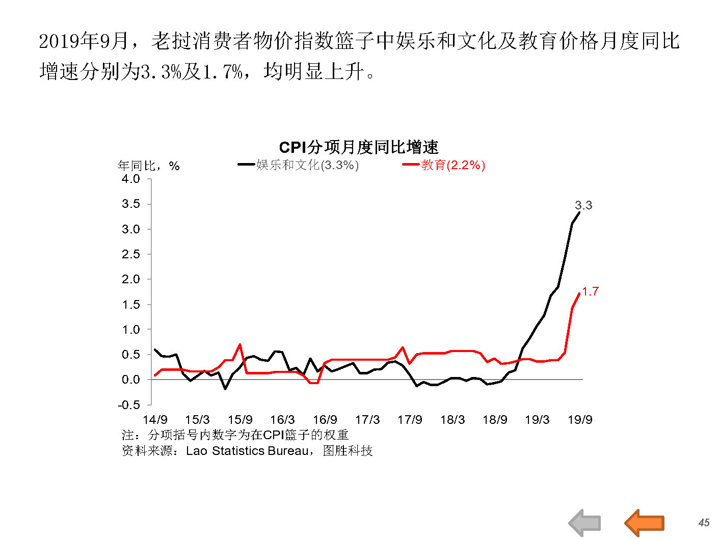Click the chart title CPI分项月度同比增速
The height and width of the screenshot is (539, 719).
tap(358, 147)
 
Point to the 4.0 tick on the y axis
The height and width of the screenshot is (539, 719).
tap(130, 179)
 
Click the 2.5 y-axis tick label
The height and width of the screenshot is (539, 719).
tap(130, 254)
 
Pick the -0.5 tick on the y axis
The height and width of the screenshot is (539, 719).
tap(129, 405)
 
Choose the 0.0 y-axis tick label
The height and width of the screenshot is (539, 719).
tap(130, 380)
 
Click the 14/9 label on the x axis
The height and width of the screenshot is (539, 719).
tap(155, 420)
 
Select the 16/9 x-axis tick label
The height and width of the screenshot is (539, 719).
tap(325, 420)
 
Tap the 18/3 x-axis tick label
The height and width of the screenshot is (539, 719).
tap(452, 420)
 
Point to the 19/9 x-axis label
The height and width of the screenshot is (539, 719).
tap(580, 420)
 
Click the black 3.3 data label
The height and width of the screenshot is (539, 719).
tap(583, 205)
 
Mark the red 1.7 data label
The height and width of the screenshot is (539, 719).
tap(590, 291)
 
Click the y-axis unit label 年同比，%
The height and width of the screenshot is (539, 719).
tap(148, 166)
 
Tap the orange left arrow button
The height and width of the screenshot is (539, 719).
tap(644, 523)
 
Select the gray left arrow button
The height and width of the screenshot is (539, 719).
tap(585, 523)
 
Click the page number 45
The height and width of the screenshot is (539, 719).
tap(704, 523)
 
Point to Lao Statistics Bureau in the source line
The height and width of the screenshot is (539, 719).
tap(247, 451)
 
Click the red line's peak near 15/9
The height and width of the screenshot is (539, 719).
tap(240, 345)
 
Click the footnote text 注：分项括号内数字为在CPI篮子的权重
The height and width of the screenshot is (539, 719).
tap(235, 435)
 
